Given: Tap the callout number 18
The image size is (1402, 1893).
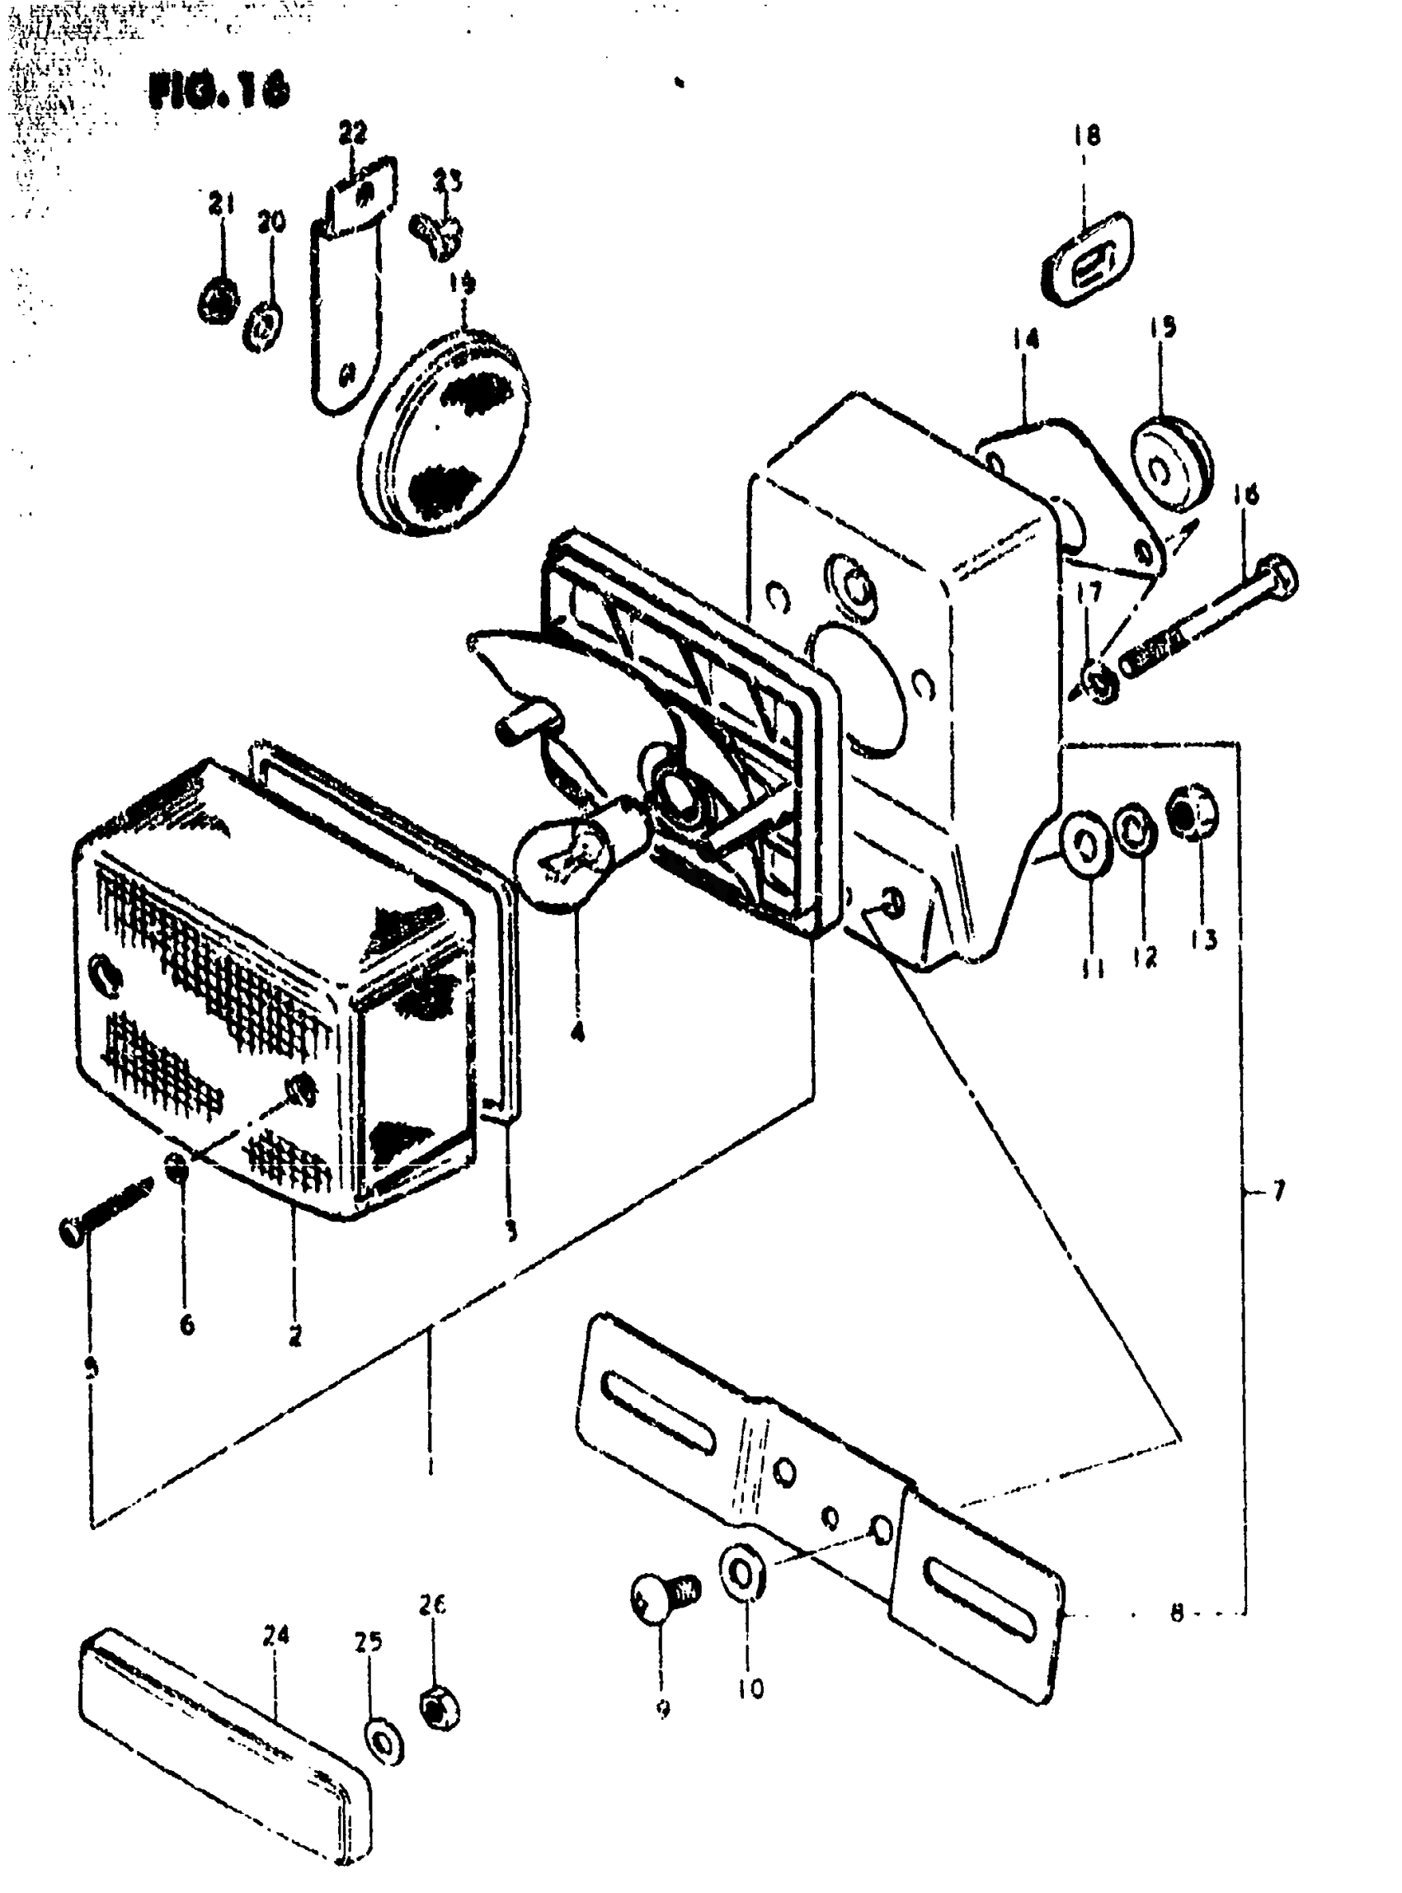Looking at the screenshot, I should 1087,135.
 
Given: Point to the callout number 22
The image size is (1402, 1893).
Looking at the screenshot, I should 353,134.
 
